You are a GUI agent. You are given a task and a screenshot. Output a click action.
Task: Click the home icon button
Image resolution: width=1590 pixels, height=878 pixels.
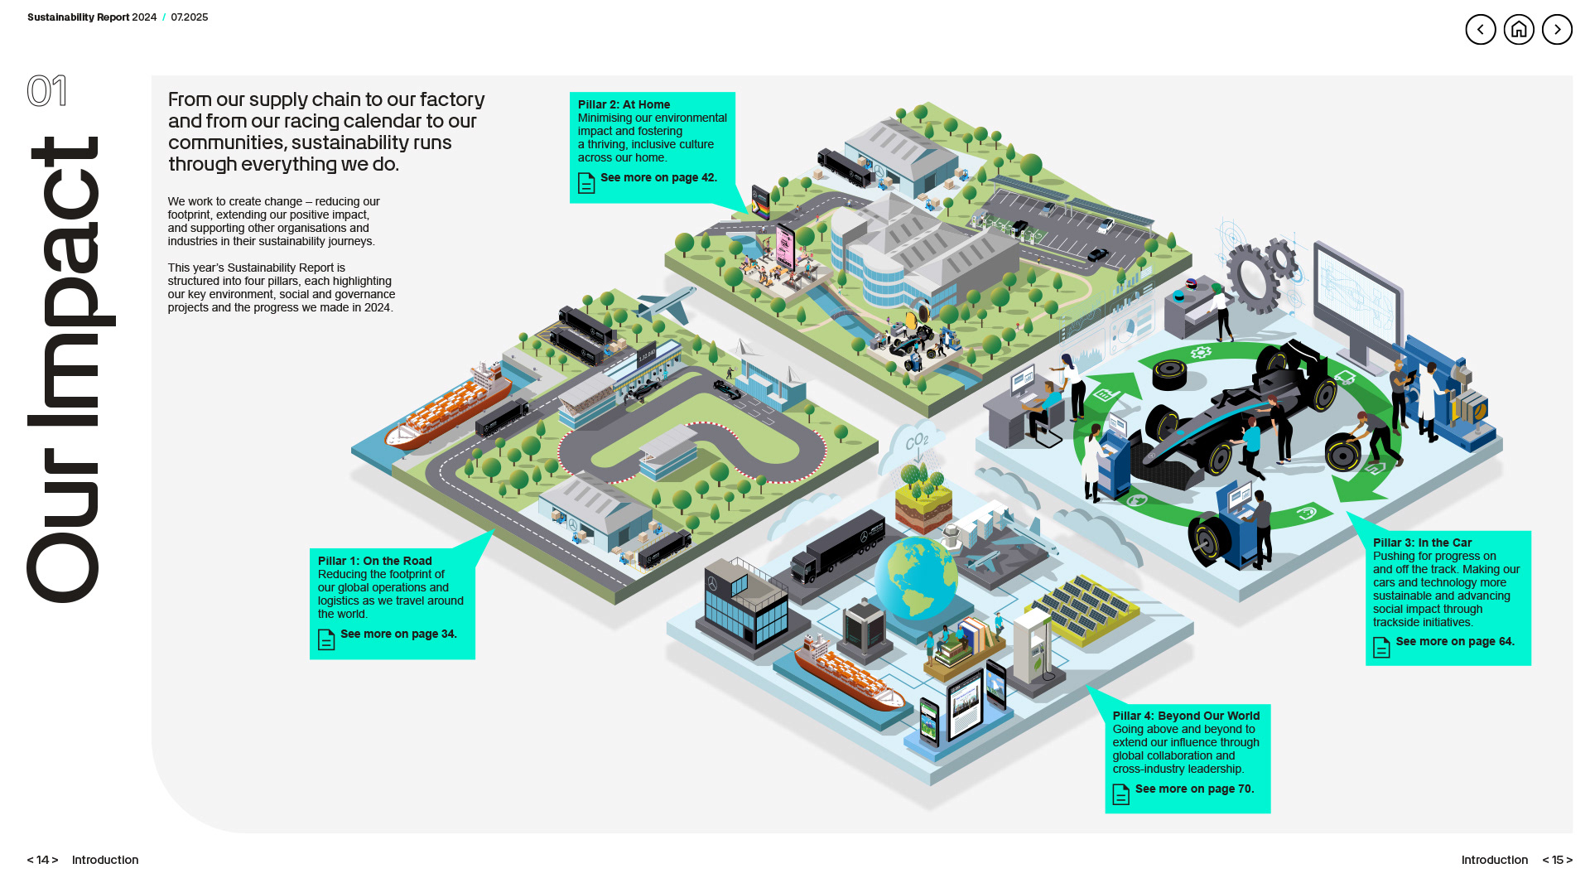(1519, 30)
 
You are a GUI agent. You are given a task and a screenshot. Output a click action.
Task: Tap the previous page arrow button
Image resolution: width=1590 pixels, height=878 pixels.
(1481, 30)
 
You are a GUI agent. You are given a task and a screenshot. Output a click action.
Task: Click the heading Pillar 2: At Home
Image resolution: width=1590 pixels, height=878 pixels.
(624, 104)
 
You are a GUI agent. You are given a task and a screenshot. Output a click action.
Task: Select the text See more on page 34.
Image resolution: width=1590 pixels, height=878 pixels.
(398, 634)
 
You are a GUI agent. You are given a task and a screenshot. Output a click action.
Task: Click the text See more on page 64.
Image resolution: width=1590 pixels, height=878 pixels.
(1454, 642)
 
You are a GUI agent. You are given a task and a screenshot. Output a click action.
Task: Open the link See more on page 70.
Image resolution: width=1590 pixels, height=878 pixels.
(1194, 789)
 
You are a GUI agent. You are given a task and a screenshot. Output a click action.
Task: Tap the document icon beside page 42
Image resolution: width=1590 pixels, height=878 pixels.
(586, 182)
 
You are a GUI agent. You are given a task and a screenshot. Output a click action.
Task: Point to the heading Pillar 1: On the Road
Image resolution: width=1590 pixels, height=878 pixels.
(374, 561)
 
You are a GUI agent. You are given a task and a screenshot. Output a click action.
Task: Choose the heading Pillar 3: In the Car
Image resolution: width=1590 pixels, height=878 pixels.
(1422, 543)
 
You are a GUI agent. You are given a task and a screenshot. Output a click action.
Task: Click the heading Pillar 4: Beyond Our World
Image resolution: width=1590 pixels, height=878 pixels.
(1186, 716)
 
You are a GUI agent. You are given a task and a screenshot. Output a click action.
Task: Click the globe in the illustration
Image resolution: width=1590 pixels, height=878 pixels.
(916, 577)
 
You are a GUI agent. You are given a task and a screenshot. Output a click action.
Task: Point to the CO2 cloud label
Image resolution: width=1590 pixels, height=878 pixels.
(917, 441)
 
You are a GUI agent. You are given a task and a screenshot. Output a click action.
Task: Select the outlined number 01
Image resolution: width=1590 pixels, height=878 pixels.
(46, 91)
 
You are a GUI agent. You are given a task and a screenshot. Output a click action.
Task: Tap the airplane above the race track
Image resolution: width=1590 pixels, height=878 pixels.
(666, 304)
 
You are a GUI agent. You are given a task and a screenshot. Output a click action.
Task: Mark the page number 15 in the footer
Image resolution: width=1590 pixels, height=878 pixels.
(1557, 860)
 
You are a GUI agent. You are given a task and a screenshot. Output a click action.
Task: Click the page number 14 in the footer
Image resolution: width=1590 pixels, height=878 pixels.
(43, 860)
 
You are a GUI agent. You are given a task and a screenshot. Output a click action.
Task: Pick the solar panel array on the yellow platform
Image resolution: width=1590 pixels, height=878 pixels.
(1084, 609)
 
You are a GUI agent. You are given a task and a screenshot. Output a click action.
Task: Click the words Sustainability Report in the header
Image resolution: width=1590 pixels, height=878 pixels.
(78, 17)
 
